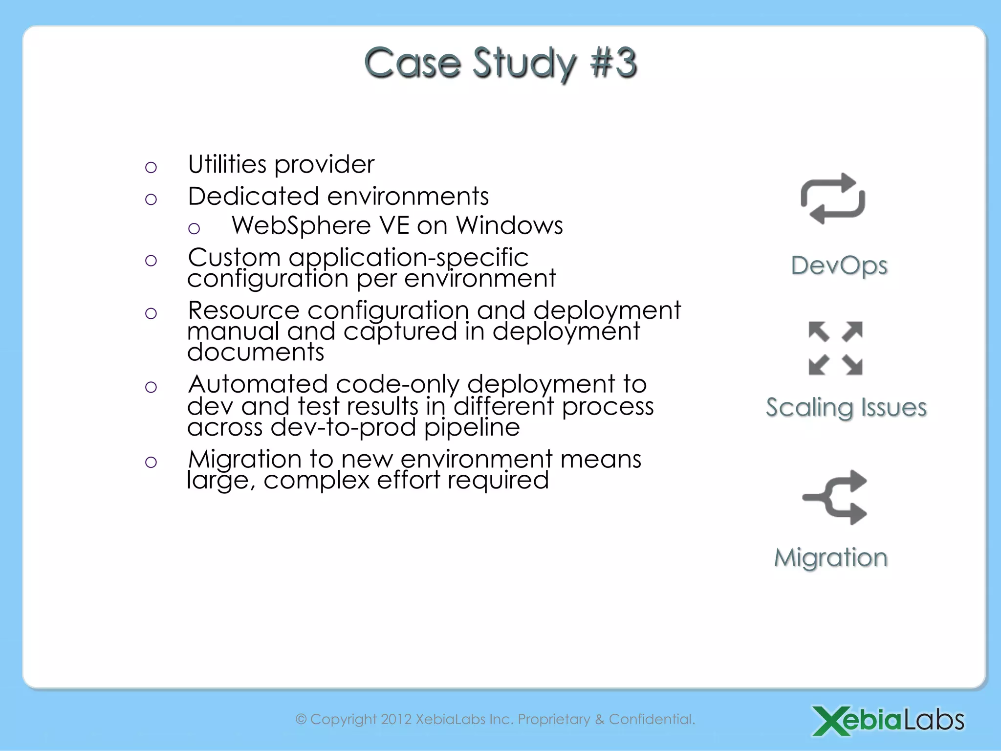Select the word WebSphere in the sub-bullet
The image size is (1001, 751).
[x=301, y=226]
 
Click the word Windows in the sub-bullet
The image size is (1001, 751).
[x=509, y=226]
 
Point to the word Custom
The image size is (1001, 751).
[x=234, y=258]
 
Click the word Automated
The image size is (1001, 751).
[x=258, y=384]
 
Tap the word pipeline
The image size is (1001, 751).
[x=472, y=427]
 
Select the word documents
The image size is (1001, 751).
[x=256, y=353]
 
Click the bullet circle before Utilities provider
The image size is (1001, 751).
[x=151, y=168]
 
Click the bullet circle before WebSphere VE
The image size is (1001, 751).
[x=194, y=228]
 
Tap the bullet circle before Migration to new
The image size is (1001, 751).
[x=151, y=462]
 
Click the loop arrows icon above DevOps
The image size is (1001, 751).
[x=832, y=199]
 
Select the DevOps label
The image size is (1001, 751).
[x=839, y=265]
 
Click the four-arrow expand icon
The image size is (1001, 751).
[x=835, y=348]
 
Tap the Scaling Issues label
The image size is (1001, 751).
[x=846, y=407]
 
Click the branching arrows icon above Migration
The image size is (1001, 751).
[x=835, y=497]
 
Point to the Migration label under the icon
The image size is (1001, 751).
[x=830, y=557]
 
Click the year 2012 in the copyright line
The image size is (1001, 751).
[x=396, y=719]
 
